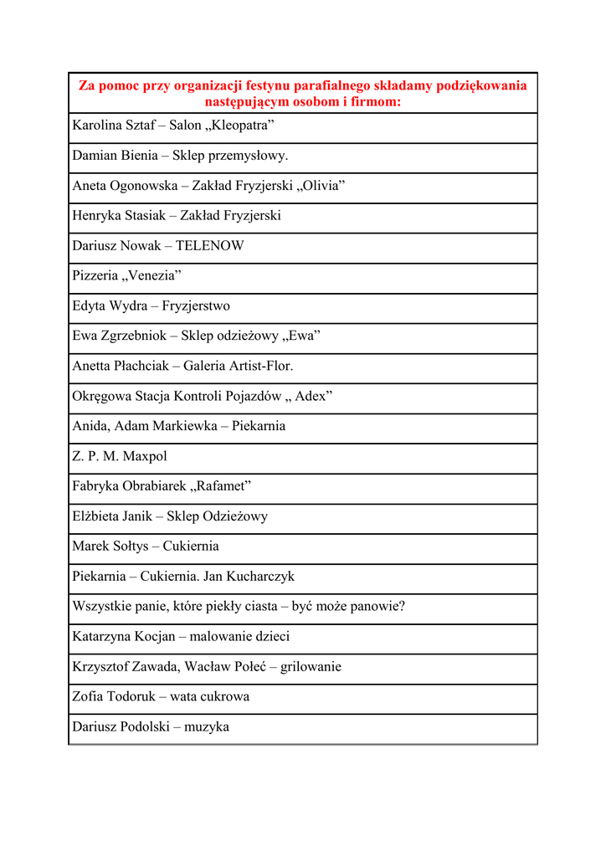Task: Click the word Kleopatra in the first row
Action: (244, 126)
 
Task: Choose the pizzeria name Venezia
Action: (151, 275)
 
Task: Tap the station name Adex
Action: (313, 396)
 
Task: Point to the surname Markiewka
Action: (184, 426)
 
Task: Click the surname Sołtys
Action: (130, 547)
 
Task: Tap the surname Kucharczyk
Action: (263, 577)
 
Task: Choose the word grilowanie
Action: (311, 667)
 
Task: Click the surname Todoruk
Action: (132, 696)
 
